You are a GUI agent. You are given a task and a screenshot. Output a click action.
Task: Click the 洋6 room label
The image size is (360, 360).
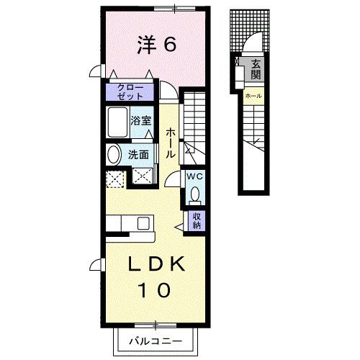point(158,45)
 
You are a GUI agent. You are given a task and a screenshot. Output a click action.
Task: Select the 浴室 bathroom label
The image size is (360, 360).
point(140,120)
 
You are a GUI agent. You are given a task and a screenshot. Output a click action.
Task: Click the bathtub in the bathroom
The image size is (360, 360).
point(117,125)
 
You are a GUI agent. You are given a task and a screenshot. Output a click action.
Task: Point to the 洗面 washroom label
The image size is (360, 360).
point(139,154)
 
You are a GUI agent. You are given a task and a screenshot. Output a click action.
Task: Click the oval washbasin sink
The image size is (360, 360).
point(114,155)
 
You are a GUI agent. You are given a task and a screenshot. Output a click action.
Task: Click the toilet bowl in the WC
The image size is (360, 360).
point(194,194)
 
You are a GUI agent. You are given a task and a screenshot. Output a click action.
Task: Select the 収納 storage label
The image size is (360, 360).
point(196,220)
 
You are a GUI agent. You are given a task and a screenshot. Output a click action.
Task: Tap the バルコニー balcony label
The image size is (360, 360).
point(156,340)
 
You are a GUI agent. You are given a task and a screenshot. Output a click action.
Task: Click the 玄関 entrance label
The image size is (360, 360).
point(256,70)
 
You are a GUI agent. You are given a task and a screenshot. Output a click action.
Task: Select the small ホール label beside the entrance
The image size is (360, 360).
point(253,96)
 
